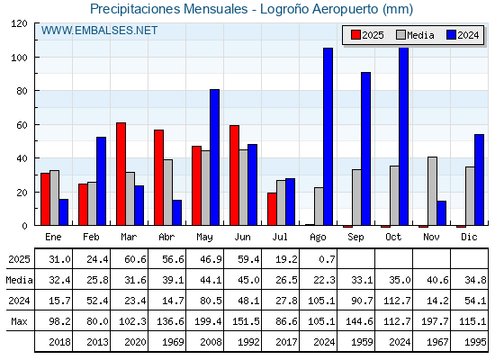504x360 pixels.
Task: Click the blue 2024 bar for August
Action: [328, 137]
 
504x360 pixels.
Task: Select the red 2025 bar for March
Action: [121, 174]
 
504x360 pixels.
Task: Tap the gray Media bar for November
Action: [432, 191]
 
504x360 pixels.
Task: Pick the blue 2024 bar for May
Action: [215, 157]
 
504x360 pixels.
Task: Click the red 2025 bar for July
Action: [272, 209]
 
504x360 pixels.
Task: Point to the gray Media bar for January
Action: [54, 198]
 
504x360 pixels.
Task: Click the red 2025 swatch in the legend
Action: [355, 35]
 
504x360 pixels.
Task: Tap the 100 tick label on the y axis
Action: [19, 58]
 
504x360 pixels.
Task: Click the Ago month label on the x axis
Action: [319, 238]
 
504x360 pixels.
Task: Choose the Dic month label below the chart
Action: [469, 237]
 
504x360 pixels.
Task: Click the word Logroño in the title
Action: [284, 9]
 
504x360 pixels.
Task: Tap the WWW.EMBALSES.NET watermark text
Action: [99, 31]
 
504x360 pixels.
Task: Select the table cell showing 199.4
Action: [208, 321]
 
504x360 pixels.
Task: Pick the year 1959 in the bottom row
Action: [362, 342]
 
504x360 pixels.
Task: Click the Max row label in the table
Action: [19, 321]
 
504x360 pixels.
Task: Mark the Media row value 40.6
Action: [437, 280]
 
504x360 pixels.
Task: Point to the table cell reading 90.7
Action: [362, 301]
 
